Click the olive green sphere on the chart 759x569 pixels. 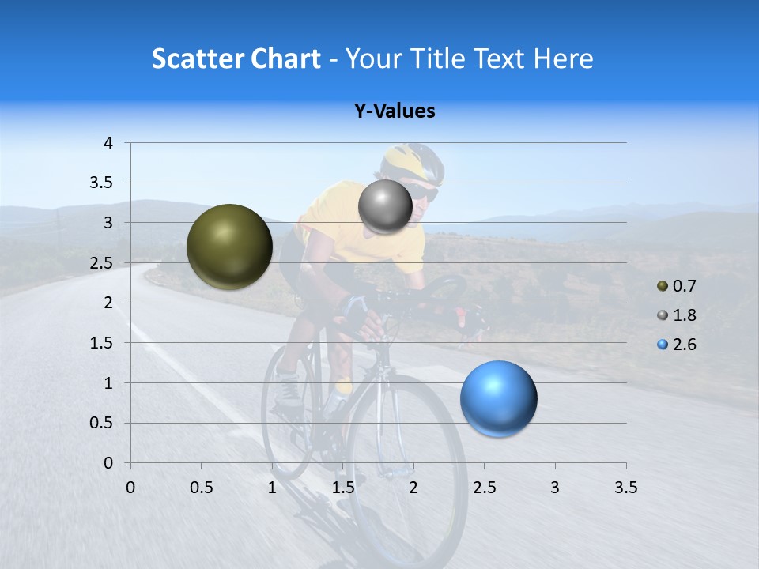[229, 247]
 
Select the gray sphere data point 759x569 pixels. [385, 207]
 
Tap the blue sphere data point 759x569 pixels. [498, 398]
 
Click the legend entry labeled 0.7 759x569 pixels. [677, 286]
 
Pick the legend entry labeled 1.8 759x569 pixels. [677, 315]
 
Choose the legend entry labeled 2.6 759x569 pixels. [677, 345]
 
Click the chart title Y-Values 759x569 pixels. [394, 111]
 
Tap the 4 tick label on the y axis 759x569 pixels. [108, 143]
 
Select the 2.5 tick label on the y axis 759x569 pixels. [100, 263]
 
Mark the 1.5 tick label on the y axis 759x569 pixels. [100, 343]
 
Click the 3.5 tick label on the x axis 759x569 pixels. [625, 488]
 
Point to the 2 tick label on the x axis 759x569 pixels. [413, 488]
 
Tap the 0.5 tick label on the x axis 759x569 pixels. [201, 488]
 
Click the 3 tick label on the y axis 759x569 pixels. [108, 223]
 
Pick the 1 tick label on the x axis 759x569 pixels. [272, 488]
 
